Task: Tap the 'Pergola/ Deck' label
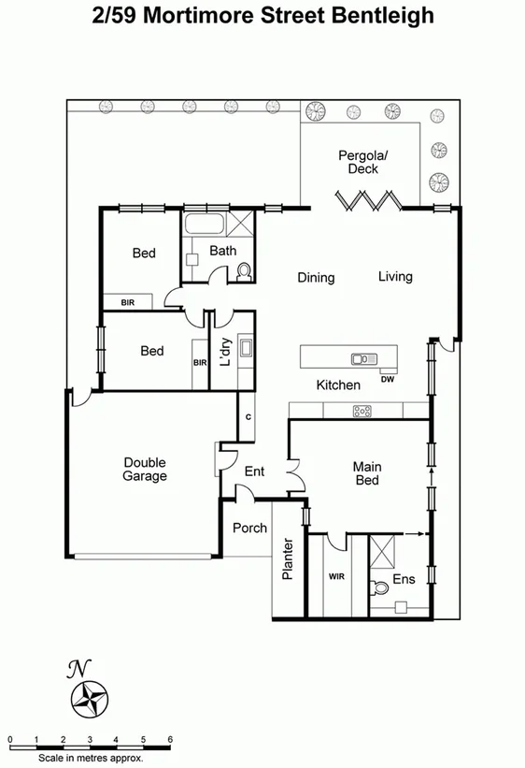click(x=363, y=162)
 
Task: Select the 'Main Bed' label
click(x=365, y=473)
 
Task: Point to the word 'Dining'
click(x=316, y=278)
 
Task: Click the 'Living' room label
click(x=395, y=277)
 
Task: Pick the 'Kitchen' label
click(x=337, y=385)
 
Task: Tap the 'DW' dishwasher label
click(x=387, y=379)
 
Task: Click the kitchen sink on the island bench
click(x=362, y=358)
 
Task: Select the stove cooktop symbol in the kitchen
click(x=362, y=411)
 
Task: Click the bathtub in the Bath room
click(x=203, y=225)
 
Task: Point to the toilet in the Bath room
click(x=245, y=270)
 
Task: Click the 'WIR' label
click(x=337, y=576)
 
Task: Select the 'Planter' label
click(x=289, y=559)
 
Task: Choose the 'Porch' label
click(x=249, y=528)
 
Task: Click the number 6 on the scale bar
click(x=170, y=739)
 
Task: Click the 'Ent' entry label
click(x=254, y=471)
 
